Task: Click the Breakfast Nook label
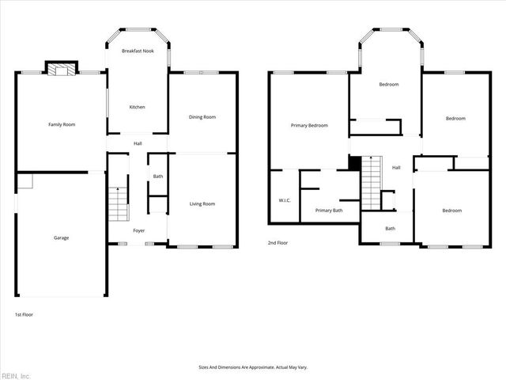click(x=138, y=51)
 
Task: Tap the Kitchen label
click(x=138, y=107)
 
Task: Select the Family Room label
click(x=62, y=124)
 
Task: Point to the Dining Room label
click(x=202, y=117)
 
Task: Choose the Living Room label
click(x=202, y=204)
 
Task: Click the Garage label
click(x=61, y=237)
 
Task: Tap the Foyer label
click(x=138, y=230)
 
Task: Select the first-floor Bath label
click(x=158, y=177)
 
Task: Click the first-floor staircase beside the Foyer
click(x=118, y=203)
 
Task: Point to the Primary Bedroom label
click(x=309, y=125)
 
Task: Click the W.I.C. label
click(x=285, y=200)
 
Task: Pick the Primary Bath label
click(x=329, y=211)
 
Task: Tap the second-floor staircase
click(x=371, y=182)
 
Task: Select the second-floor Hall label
click(x=396, y=167)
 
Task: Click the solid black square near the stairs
click(x=354, y=162)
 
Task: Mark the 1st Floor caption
click(x=23, y=314)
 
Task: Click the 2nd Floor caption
click(x=277, y=242)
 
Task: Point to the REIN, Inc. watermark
click(x=16, y=375)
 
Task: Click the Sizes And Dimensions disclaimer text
click(x=252, y=367)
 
